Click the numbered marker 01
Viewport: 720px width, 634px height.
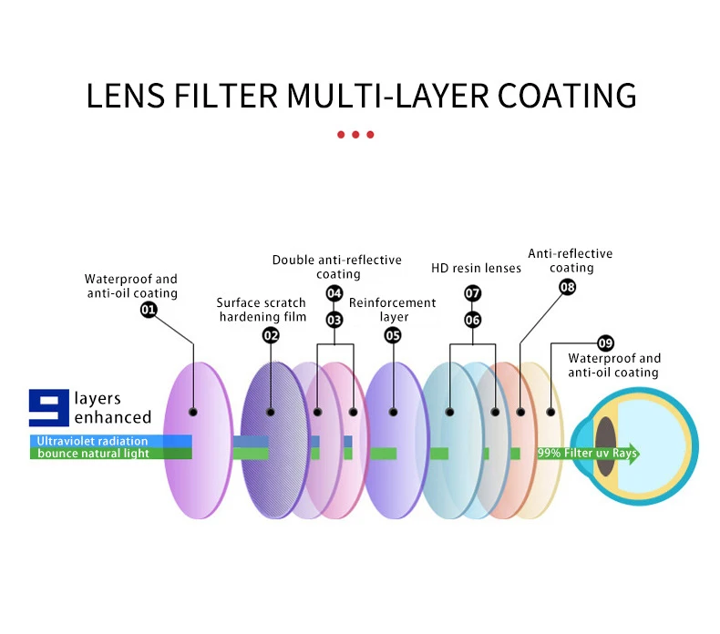149,310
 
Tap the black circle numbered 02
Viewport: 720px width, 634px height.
271,334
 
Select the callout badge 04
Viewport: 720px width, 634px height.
334,293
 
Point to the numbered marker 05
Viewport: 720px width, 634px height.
393,334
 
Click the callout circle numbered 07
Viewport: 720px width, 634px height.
472,293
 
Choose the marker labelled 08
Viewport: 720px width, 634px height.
568,287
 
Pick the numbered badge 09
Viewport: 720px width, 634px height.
605,343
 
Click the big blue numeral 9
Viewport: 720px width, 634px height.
49,407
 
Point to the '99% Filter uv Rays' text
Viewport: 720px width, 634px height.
587,453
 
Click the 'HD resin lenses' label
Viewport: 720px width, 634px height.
476,268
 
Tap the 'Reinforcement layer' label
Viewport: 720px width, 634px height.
393,310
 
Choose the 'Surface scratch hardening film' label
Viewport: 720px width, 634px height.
262,310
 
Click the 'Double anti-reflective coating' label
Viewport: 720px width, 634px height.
337,267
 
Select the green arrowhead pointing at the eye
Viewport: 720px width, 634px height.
633,453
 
